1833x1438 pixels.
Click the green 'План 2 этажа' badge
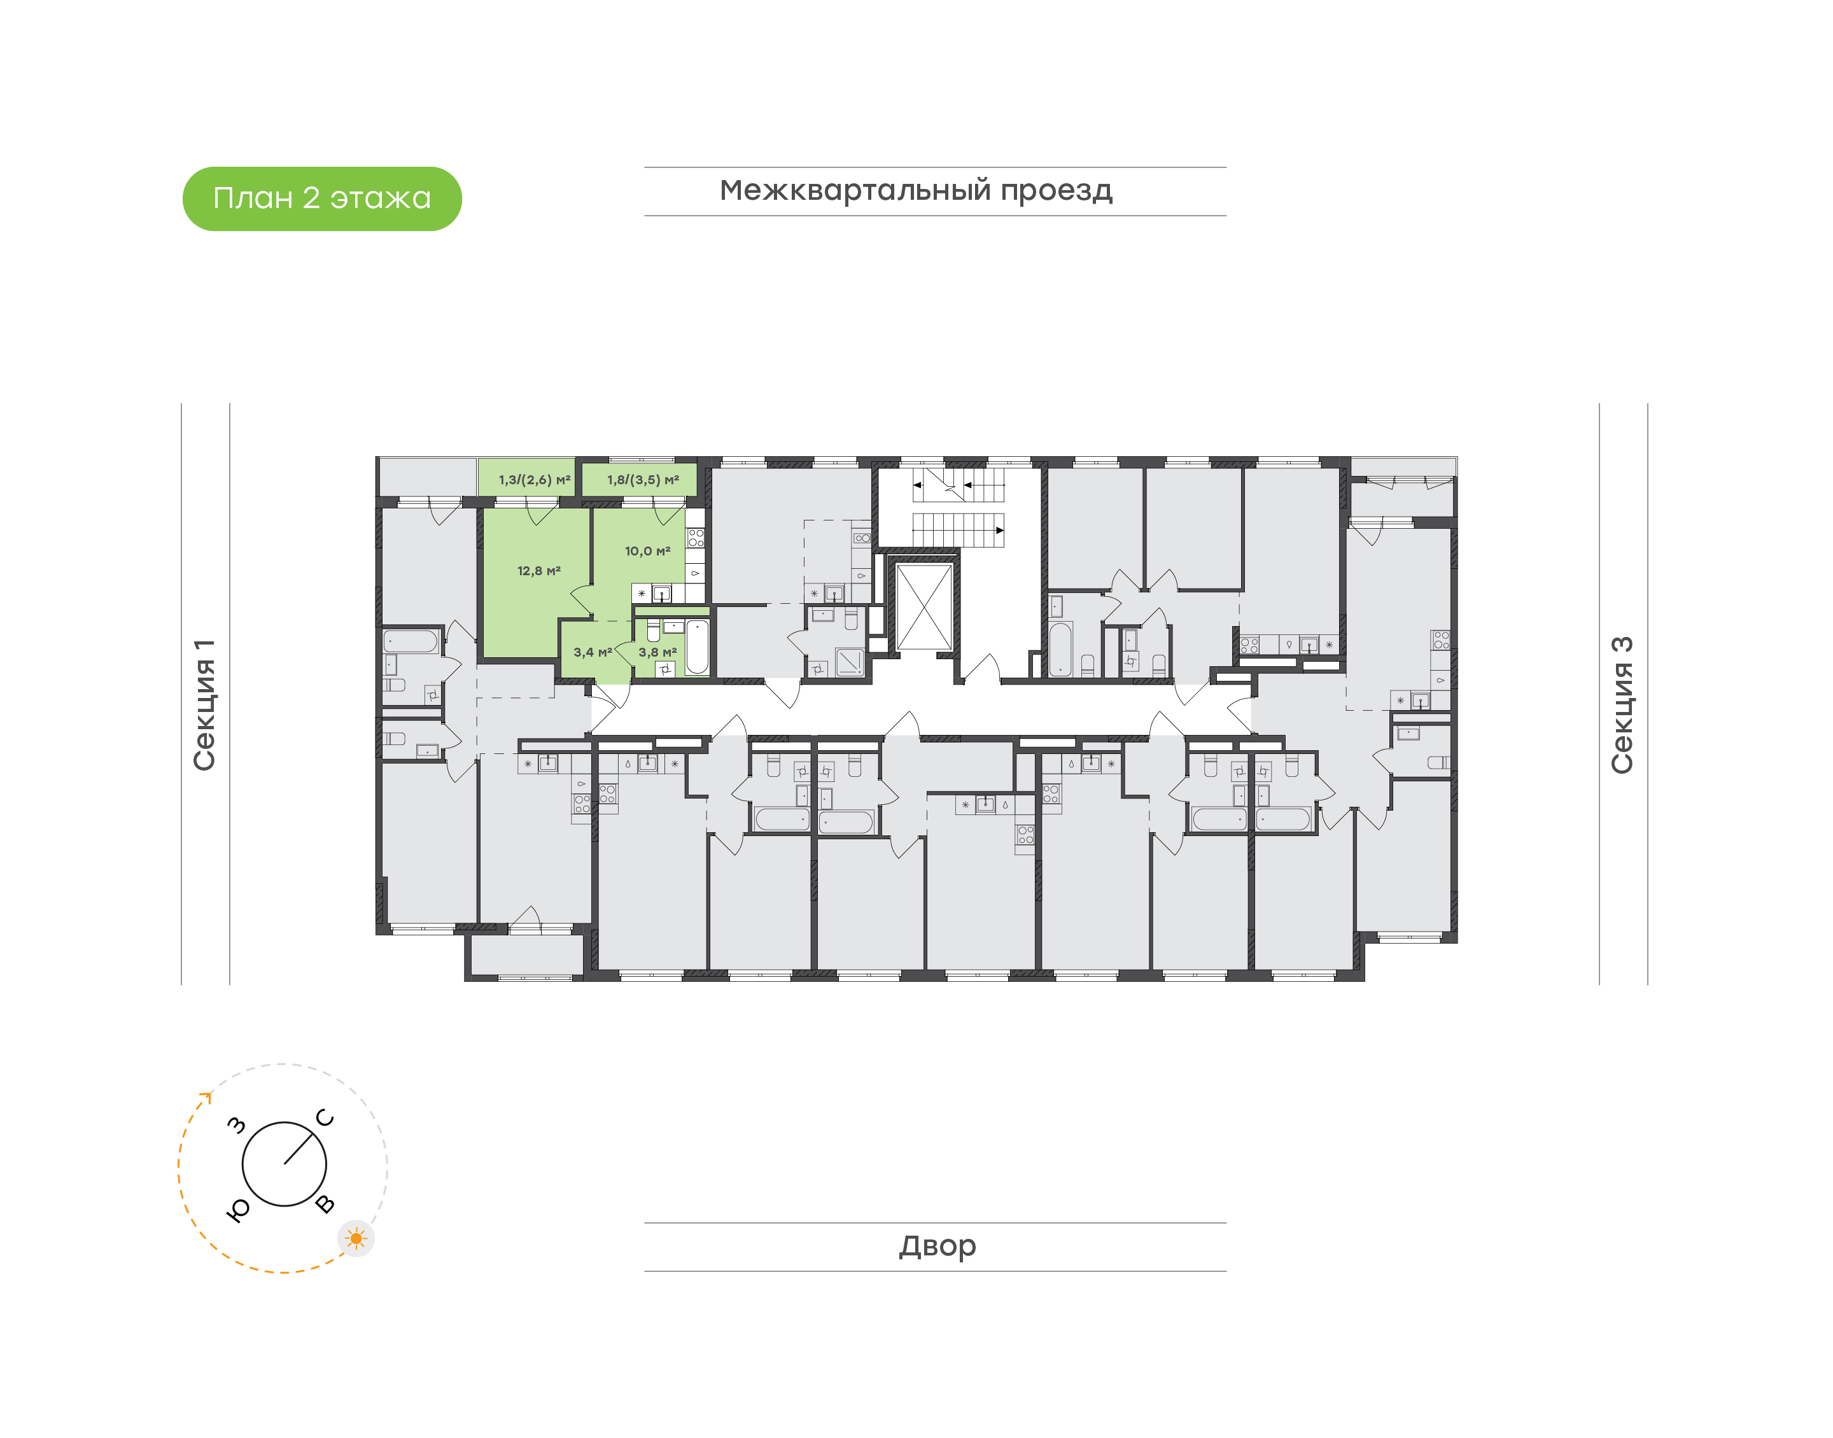point(321,199)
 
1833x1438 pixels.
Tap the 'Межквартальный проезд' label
point(915,191)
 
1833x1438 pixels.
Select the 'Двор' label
point(937,1245)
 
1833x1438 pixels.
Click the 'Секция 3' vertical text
point(1622,705)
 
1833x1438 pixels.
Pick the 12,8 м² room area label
point(539,571)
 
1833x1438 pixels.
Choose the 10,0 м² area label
point(647,552)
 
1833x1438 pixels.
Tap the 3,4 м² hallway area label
point(593,652)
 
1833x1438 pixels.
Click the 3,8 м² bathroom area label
point(657,652)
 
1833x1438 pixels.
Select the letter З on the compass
point(237,1125)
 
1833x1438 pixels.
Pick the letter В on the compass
point(325,1204)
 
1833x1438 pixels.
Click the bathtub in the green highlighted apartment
point(697,646)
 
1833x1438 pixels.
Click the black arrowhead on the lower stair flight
point(999,531)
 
